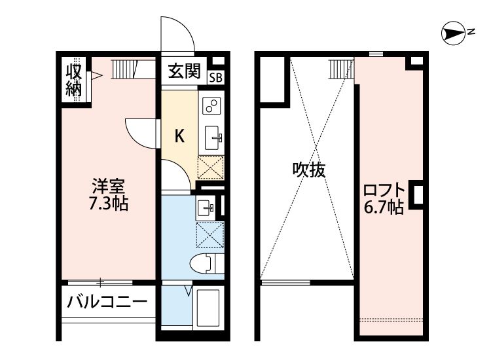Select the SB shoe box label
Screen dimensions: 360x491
tap(215, 77)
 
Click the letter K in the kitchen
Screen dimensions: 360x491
tap(178, 136)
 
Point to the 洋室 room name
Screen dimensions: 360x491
tap(108, 185)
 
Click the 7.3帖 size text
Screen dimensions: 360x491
tap(108, 203)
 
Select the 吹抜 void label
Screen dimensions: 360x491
tap(308, 170)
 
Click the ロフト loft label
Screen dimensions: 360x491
tap(384, 191)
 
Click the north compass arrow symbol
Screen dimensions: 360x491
tap(452, 33)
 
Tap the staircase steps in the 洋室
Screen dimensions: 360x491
tap(122, 67)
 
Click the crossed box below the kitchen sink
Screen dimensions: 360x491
tap(211, 167)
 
